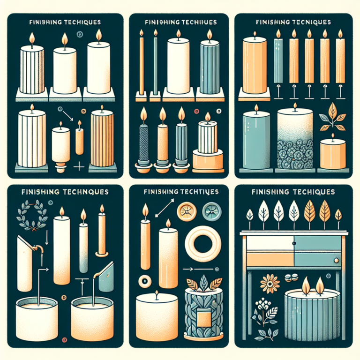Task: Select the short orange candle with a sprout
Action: coord(333,155)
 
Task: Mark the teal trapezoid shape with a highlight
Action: coord(106,274)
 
